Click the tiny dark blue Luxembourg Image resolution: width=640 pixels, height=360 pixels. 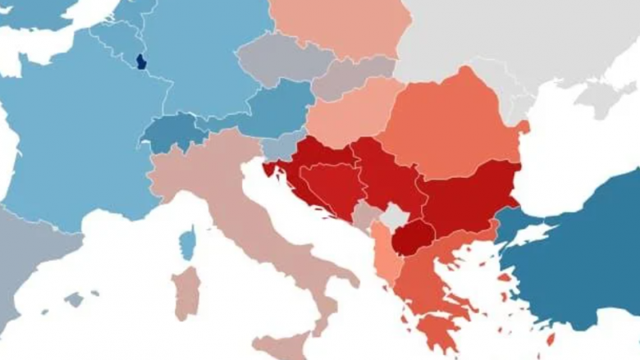click(x=141, y=62)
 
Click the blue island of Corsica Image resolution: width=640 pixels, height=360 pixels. click(x=189, y=243)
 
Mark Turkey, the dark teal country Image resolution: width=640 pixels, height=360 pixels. click(x=574, y=246)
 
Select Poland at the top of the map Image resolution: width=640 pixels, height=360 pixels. click(x=341, y=25)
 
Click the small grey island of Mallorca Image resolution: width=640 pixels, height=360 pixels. click(x=75, y=299)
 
